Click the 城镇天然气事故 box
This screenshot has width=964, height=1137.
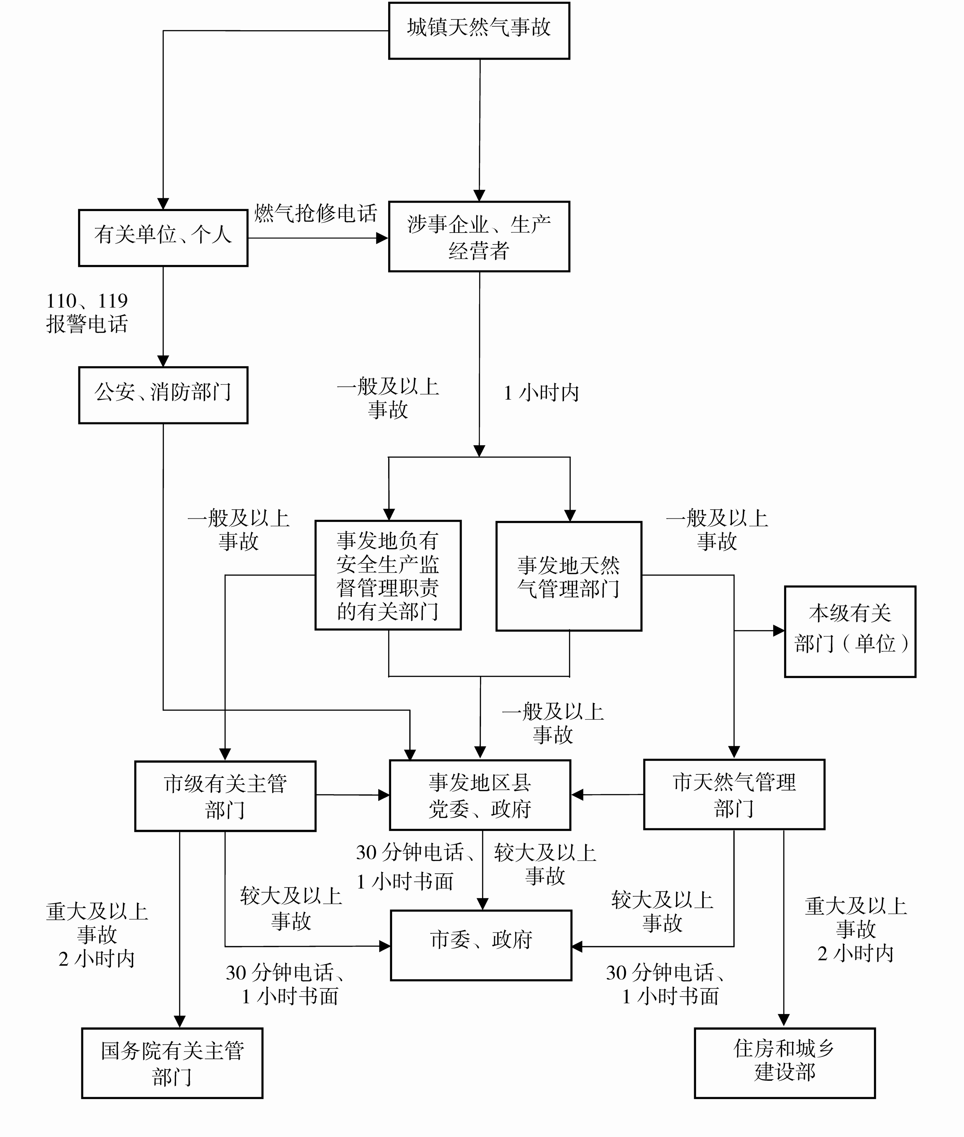(x=479, y=31)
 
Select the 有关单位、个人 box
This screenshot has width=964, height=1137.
(x=163, y=238)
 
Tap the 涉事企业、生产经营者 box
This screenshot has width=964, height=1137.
(x=479, y=236)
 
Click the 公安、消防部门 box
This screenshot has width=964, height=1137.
(x=163, y=395)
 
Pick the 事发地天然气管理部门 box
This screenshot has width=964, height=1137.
(x=568, y=576)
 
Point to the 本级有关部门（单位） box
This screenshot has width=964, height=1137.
(x=850, y=631)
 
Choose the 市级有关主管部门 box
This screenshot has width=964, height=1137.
(x=225, y=796)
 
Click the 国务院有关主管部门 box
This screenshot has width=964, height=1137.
(x=172, y=1063)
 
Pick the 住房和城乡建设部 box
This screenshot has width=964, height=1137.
(x=785, y=1063)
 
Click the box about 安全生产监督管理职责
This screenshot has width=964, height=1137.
(x=388, y=575)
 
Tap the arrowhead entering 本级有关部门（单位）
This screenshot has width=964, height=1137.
(x=778, y=631)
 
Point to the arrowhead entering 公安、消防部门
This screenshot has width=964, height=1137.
(x=163, y=361)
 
